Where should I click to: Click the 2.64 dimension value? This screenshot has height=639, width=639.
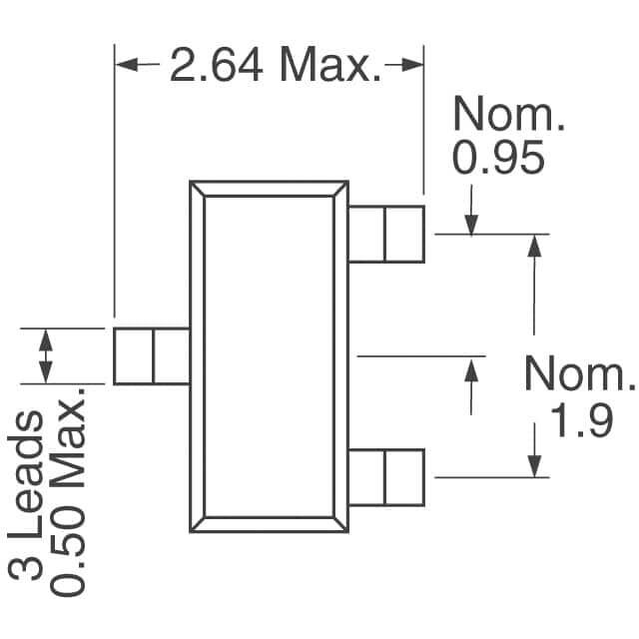pyautogui.click(x=216, y=65)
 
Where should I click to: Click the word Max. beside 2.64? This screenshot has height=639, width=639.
pyautogui.click(x=330, y=65)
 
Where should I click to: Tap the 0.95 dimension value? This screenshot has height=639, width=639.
pyautogui.click(x=498, y=157)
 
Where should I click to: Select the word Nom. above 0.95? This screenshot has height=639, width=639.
pyautogui.click(x=509, y=113)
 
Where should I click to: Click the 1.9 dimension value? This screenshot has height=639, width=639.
pyautogui.click(x=581, y=421)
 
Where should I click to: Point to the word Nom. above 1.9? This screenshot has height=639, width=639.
pyautogui.click(x=580, y=372)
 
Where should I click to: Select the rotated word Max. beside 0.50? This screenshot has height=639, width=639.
pyautogui.click(x=68, y=437)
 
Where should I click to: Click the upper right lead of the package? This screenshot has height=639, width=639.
pyautogui.click(x=386, y=234)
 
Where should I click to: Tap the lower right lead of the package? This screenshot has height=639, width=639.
pyautogui.click(x=386, y=477)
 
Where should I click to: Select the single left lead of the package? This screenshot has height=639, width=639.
pyautogui.click(x=152, y=356)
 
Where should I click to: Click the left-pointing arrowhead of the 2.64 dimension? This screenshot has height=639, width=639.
pyautogui.click(x=127, y=64)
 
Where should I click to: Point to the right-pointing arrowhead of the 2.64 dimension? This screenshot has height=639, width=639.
pyautogui.click(x=412, y=64)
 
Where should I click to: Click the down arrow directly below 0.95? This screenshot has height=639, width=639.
pyautogui.click(x=471, y=210)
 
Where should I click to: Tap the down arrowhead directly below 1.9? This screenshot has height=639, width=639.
pyautogui.click(x=534, y=466)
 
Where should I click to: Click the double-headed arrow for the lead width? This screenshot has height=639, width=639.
pyautogui.click(x=46, y=356)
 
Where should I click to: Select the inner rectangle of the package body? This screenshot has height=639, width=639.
pyautogui.click(x=270, y=356)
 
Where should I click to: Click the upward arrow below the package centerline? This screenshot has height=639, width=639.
pyautogui.click(x=471, y=387)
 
